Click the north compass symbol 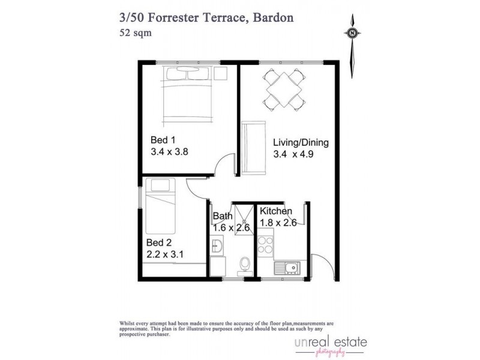[x=353, y=34]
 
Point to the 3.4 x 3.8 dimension [x=169, y=152]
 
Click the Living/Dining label [x=301, y=143]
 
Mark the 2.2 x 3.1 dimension [x=165, y=254]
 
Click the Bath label [x=223, y=216]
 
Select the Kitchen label [x=275, y=211]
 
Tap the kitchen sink [x=287, y=268]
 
